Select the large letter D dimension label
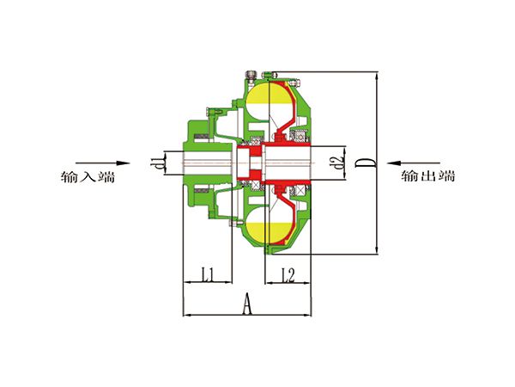[364, 163]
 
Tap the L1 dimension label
[208, 274]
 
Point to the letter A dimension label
[247, 304]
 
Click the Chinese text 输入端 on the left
[88, 176]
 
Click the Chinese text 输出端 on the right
[428, 176]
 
